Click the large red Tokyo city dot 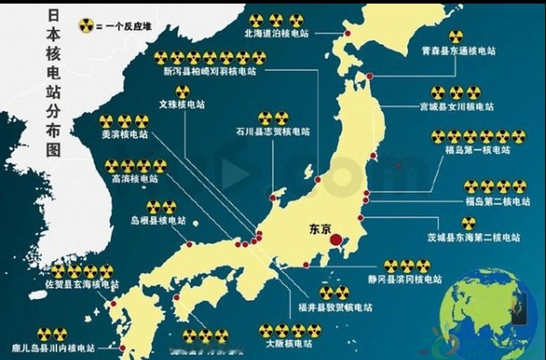[335, 240]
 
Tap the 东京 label [320, 229]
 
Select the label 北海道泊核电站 [276, 33]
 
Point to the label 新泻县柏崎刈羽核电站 [209, 72]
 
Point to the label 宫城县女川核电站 [456, 107]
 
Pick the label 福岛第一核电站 [478, 150]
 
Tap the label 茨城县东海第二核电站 [473, 237]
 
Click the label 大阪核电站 [289, 344]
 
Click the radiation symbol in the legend [85, 26]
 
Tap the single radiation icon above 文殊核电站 [182, 92]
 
